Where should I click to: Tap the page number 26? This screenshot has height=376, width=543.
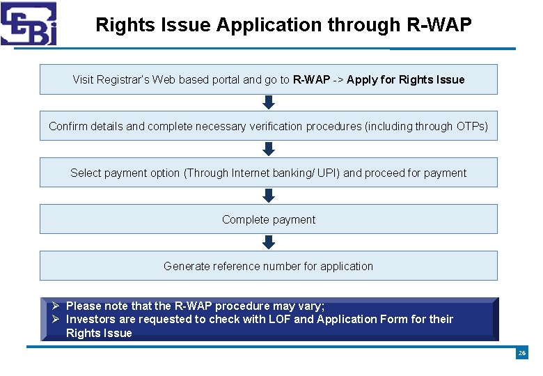pos(521,354)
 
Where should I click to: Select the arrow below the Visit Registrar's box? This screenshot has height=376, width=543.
pos(269,102)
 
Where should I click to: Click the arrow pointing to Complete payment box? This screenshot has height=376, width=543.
pos(269,196)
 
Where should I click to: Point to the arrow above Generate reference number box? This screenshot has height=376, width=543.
pos(269,242)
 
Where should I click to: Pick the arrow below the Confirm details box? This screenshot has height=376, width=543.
pos(269,149)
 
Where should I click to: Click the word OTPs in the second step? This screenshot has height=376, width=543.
pos(471,127)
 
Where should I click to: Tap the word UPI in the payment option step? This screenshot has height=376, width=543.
pos(327,173)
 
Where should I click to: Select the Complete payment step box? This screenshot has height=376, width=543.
pos(269,219)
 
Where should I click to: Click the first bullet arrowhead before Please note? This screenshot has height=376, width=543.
pos(55,306)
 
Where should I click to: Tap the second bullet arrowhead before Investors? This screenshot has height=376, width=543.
pos(55,319)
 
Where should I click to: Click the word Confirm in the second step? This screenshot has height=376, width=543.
pos(68,127)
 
